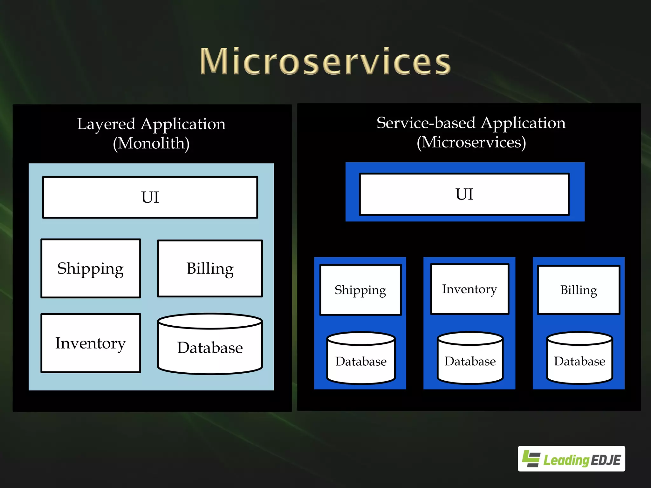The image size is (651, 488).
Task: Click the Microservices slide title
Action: click(x=325, y=61)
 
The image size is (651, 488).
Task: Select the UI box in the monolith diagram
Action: click(x=150, y=197)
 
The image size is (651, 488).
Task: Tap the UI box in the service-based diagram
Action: click(x=464, y=194)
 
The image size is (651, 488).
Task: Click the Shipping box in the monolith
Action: click(x=91, y=268)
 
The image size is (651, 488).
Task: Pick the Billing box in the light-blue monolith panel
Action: click(x=210, y=268)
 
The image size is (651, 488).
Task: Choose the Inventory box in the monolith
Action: click(x=91, y=343)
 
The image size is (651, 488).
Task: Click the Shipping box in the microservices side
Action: click(x=360, y=290)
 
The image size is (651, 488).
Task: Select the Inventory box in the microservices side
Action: click(x=469, y=289)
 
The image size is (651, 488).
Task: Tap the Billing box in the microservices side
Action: click(x=579, y=290)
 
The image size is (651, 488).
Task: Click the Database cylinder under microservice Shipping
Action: click(x=361, y=361)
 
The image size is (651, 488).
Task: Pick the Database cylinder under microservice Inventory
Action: click(x=470, y=361)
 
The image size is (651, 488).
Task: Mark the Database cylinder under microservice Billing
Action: click(x=579, y=361)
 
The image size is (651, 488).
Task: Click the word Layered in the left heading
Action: click(x=106, y=124)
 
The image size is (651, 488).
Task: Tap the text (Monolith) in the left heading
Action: click(x=151, y=143)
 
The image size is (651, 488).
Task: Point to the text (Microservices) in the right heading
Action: click(x=471, y=142)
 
